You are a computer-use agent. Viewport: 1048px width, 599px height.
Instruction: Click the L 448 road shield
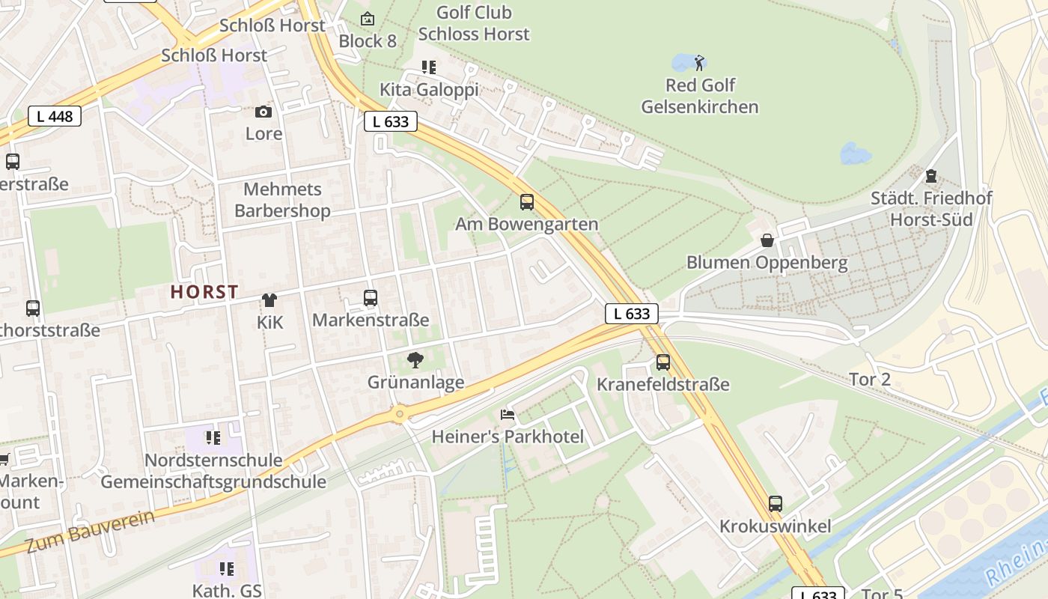pyautogui.click(x=55, y=116)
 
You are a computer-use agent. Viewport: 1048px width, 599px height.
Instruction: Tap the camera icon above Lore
pyautogui.click(x=263, y=112)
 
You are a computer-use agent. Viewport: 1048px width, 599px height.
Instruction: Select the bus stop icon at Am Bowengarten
pyautogui.click(x=527, y=201)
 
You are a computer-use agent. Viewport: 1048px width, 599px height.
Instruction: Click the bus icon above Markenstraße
pyautogui.click(x=371, y=298)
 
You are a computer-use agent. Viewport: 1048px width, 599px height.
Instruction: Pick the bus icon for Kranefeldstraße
pyautogui.click(x=663, y=362)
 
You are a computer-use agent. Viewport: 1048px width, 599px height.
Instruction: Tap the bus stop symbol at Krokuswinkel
pyautogui.click(x=776, y=504)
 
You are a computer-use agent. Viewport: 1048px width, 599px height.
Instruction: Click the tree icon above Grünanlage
pyautogui.click(x=415, y=360)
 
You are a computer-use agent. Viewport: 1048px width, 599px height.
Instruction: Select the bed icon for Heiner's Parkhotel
pyautogui.click(x=508, y=415)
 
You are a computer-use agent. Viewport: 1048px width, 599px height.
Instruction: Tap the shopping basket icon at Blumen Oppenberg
pyautogui.click(x=767, y=240)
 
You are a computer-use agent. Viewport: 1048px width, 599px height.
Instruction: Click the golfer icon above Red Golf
pyautogui.click(x=700, y=62)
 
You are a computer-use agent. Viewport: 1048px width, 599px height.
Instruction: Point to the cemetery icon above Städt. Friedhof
pyautogui.click(x=931, y=177)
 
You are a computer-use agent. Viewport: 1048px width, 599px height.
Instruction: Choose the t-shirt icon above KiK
pyautogui.click(x=269, y=300)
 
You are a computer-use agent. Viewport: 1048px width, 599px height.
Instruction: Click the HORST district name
pyautogui.click(x=204, y=292)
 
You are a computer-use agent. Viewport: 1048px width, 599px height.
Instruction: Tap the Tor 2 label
pyautogui.click(x=870, y=380)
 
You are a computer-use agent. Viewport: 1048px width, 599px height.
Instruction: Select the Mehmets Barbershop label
pyautogui.click(x=282, y=200)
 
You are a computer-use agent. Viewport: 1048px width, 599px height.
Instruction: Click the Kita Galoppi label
pyautogui.click(x=429, y=90)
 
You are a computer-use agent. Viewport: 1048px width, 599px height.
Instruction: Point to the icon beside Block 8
pyautogui.click(x=368, y=19)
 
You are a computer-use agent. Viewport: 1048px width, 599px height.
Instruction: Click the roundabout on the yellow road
pyautogui.click(x=400, y=413)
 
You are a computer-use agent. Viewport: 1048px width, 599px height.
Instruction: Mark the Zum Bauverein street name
pyautogui.click(x=91, y=532)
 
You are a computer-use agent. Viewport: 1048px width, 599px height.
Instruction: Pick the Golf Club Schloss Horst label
pyautogui.click(x=474, y=23)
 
